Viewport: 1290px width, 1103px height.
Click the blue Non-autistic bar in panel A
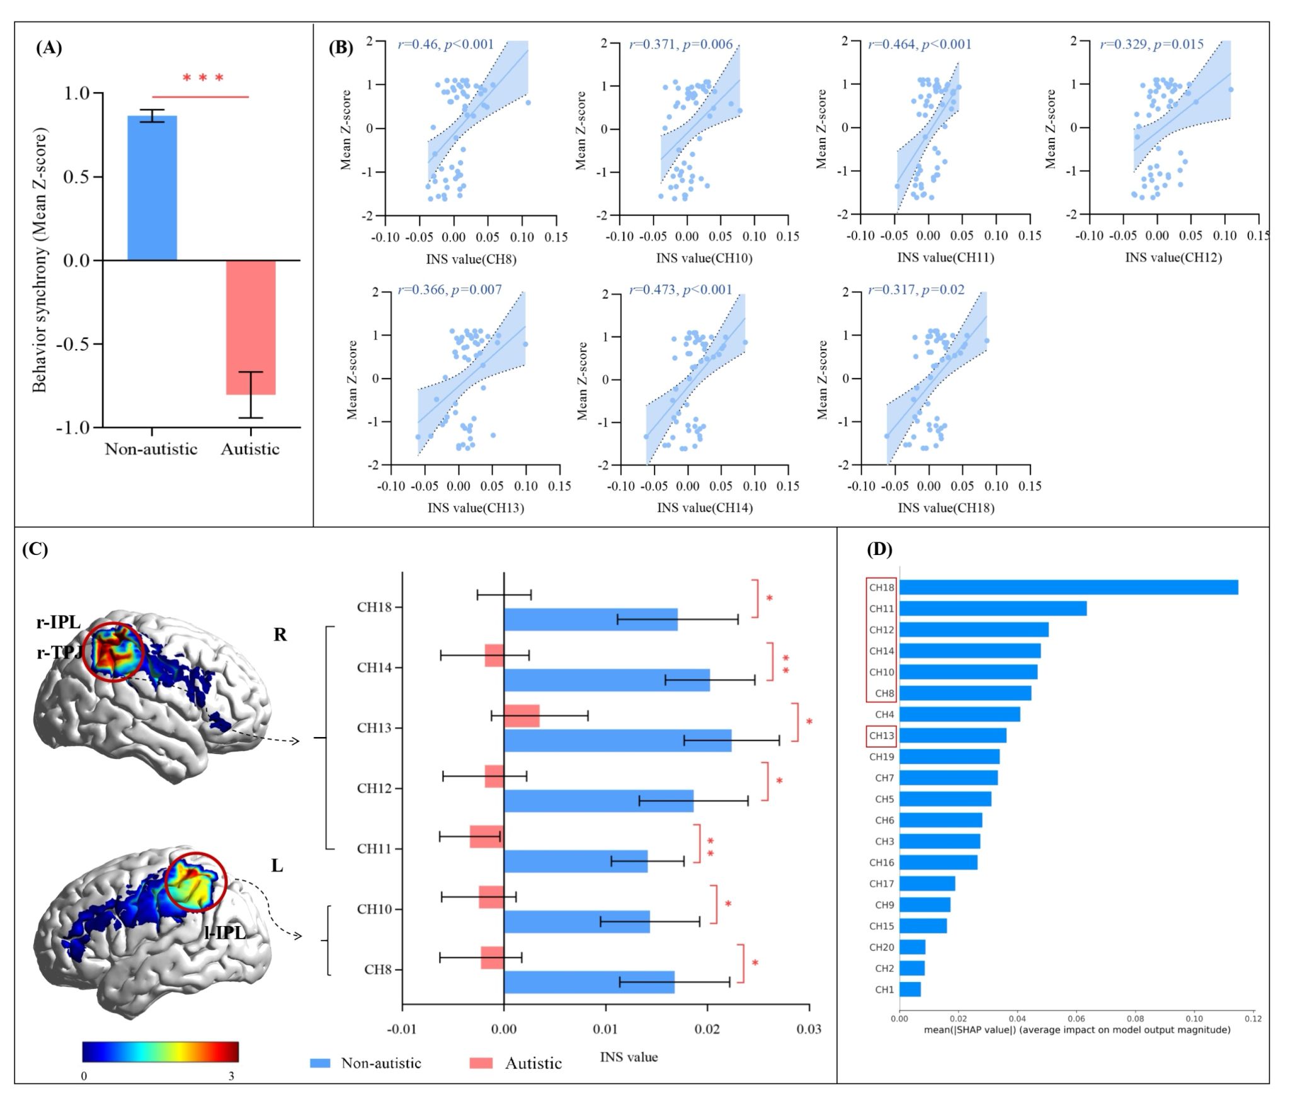coord(152,188)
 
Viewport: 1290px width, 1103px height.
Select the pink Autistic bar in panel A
coord(251,327)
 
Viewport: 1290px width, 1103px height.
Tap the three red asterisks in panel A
coord(203,79)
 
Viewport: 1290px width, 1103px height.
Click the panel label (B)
coord(341,48)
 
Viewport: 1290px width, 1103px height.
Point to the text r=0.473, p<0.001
coord(681,290)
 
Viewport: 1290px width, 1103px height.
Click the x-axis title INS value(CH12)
coord(1173,257)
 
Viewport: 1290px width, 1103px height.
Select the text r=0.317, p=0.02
coord(916,290)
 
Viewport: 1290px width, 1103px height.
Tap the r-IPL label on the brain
coord(59,622)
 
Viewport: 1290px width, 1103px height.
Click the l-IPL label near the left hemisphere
coord(225,933)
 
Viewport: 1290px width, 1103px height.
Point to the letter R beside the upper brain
coord(280,635)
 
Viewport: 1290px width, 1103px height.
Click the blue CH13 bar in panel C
coord(617,741)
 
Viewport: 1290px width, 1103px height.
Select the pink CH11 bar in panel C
coord(487,837)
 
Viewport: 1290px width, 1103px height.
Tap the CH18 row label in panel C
coord(375,607)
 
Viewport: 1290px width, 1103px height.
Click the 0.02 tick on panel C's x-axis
coord(707,1029)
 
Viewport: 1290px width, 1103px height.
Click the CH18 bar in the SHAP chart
coord(1068,588)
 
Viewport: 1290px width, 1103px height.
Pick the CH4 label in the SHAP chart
coord(884,714)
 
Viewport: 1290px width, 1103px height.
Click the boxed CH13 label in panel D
coord(881,736)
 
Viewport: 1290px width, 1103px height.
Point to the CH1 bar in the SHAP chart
coord(910,990)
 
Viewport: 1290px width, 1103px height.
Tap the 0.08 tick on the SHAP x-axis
coord(1135,1019)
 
